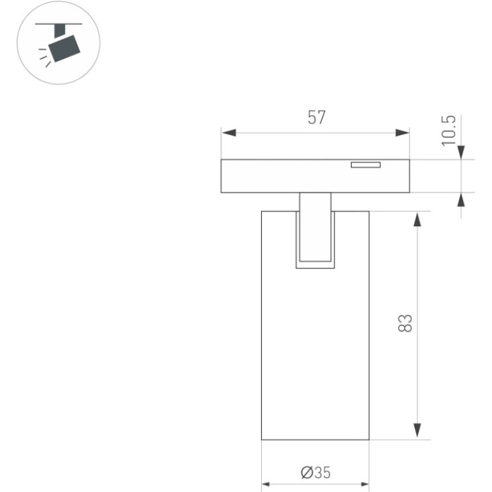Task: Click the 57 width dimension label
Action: [317, 117]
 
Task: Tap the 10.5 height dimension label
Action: [448, 130]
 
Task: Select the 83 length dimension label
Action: [405, 323]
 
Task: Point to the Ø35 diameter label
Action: [315, 473]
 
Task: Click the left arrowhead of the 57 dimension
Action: [229, 132]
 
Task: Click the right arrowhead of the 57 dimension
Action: [402, 132]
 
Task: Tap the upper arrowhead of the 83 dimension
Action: [417, 219]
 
